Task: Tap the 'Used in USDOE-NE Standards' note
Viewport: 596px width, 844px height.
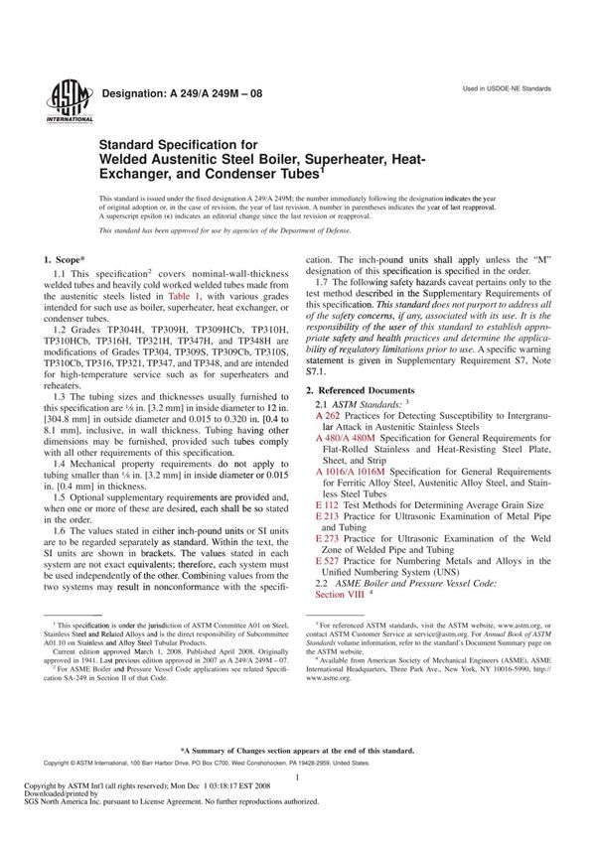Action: (x=507, y=89)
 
